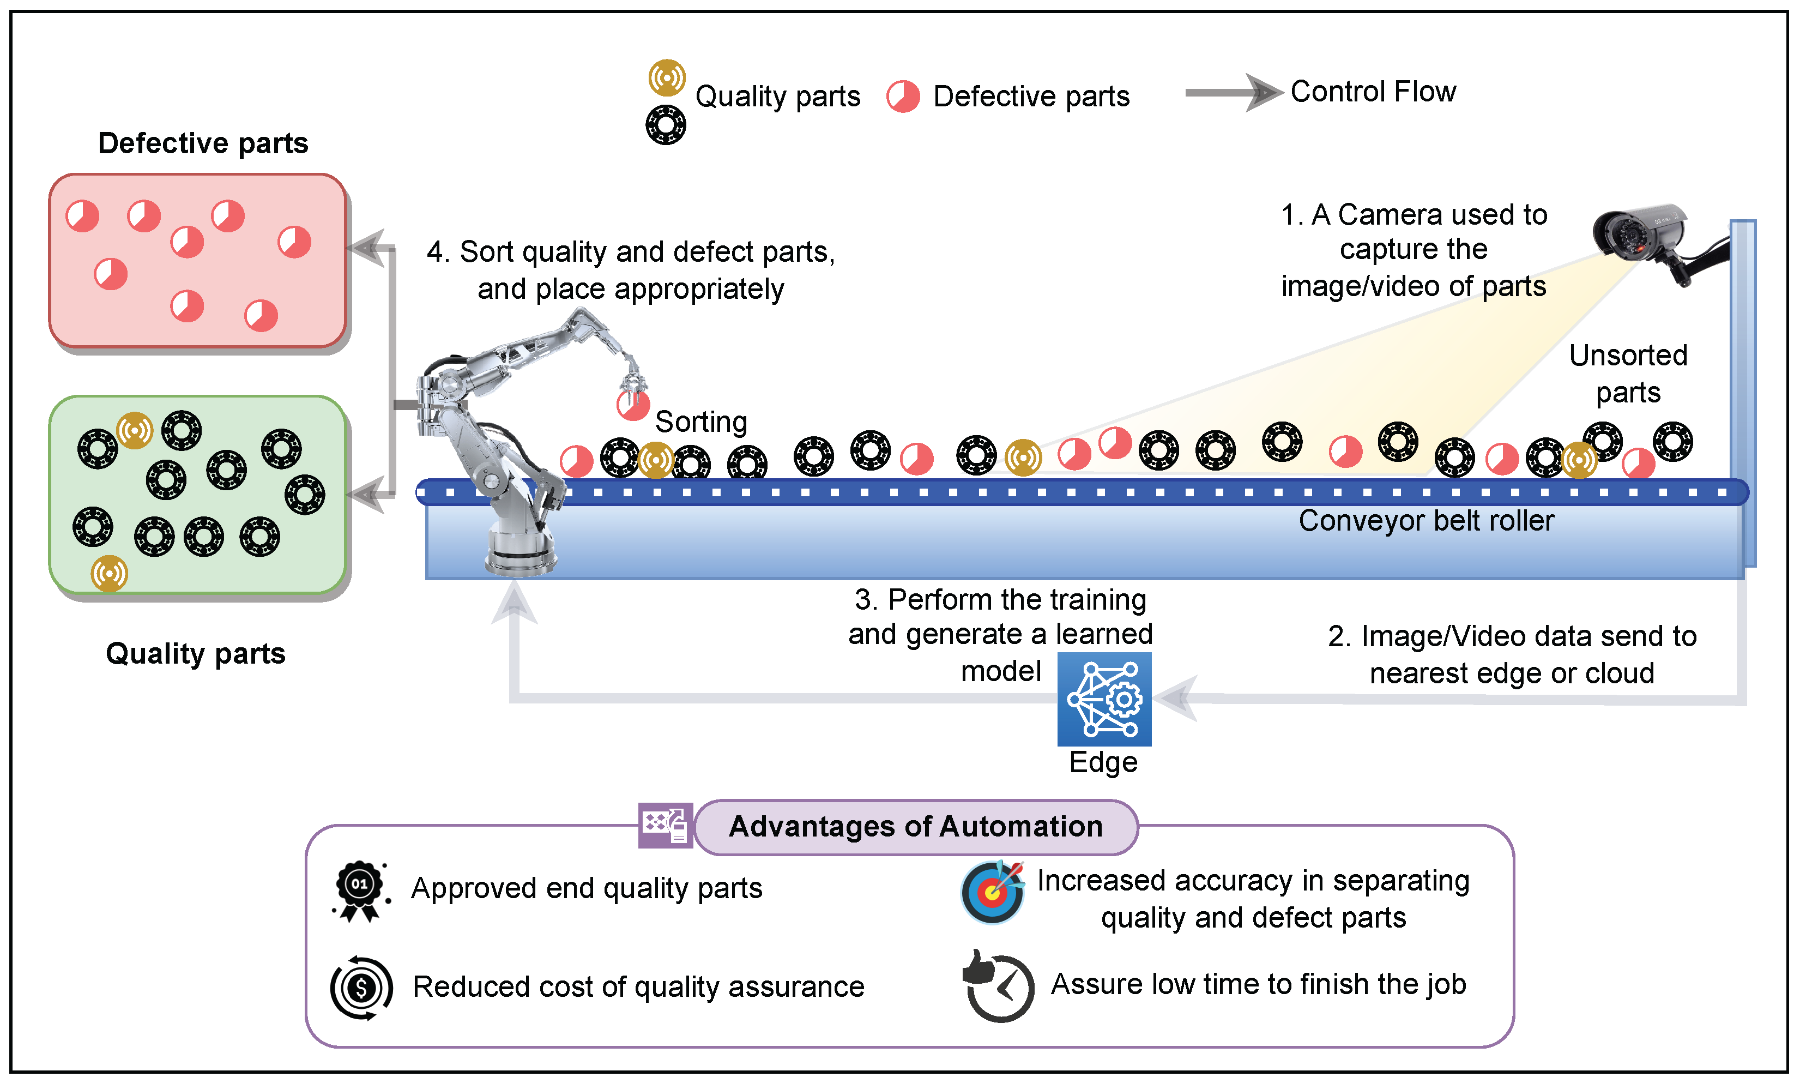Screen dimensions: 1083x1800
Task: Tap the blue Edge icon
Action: (x=1104, y=699)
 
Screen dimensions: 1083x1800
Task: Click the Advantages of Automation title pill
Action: (x=915, y=827)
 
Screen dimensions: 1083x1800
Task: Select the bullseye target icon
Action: (x=992, y=892)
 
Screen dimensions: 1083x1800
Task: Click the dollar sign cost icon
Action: (x=361, y=988)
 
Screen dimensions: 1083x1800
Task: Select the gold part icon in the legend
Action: (x=667, y=77)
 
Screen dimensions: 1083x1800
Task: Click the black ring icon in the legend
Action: (x=665, y=125)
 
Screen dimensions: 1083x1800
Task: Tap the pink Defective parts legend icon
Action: (x=903, y=97)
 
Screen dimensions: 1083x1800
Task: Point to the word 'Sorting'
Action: (x=701, y=422)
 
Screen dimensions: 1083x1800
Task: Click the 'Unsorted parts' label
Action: (x=1628, y=374)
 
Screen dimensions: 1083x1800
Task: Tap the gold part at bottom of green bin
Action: (x=110, y=574)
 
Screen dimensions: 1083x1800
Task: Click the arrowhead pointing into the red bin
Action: (x=367, y=248)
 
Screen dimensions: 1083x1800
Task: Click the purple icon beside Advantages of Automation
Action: (x=665, y=826)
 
